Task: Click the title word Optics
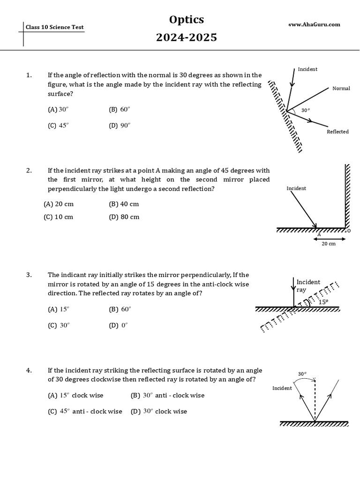(187, 20)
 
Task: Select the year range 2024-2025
(187, 37)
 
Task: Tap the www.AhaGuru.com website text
(315, 24)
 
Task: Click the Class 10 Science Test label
(55, 27)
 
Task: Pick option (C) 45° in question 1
(58, 126)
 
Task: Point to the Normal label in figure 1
(341, 88)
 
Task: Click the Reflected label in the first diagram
(337, 132)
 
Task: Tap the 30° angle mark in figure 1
(305, 111)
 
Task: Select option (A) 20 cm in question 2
(59, 204)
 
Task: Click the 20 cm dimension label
(329, 244)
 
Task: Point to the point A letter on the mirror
(319, 233)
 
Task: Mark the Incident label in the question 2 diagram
(296, 188)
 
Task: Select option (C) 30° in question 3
(59, 325)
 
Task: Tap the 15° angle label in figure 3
(323, 302)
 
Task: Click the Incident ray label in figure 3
(308, 285)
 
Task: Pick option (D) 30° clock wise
(158, 412)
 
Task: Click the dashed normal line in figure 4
(315, 398)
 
